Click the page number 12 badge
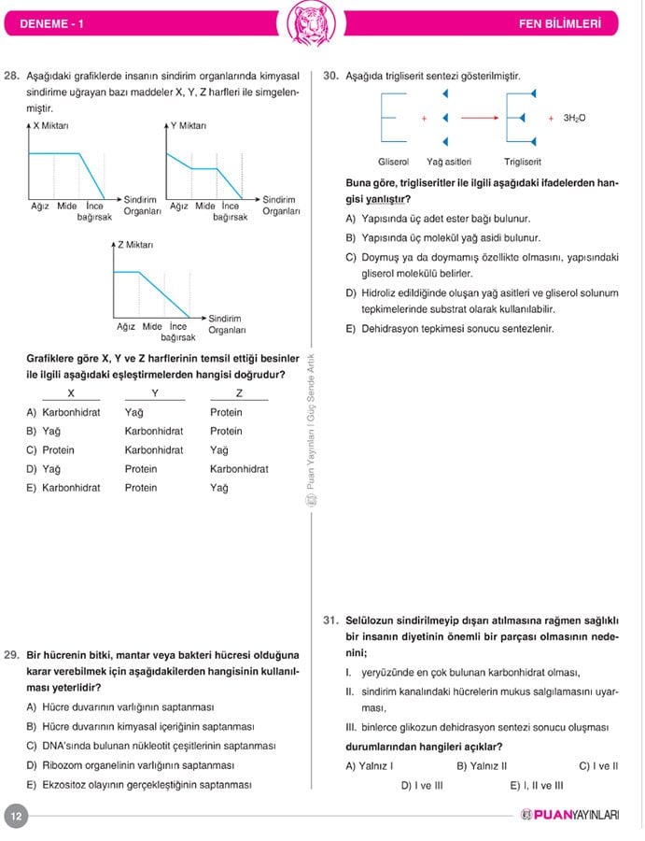coord(16,816)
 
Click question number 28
coord(12,76)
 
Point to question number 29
coord(12,655)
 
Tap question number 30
coord(330,76)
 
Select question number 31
coord(330,620)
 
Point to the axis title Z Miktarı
coord(135,245)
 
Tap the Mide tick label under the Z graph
coord(152,326)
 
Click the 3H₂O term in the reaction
coord(574,119)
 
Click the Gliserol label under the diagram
coord(394,162)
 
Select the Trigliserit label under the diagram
coord(523,162)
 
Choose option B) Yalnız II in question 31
coord(482,766)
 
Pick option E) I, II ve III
coord(537,785)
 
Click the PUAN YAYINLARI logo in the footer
coord(570,816)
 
